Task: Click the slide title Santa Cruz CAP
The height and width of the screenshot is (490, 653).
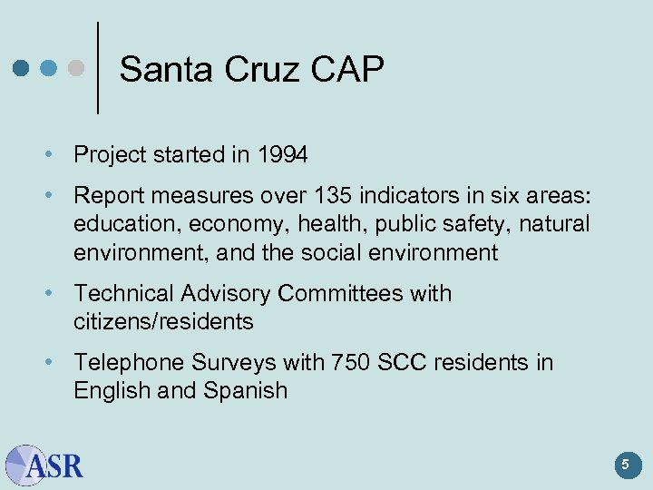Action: (251, 70)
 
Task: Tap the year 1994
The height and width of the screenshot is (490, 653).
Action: (281, 155)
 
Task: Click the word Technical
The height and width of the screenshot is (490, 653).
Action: (123, 293)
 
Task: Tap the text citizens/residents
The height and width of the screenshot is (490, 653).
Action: (163, 322)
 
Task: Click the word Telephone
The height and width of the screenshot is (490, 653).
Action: (128, 362)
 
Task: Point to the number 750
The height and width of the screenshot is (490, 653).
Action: (350, 362)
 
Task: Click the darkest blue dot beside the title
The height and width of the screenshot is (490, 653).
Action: (22, 69)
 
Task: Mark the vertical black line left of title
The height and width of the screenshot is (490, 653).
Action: (97, 68)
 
